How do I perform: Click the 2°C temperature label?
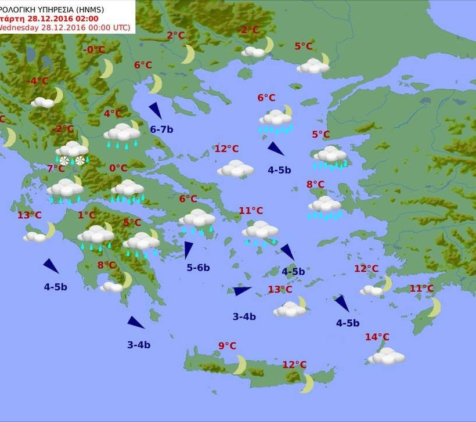(175, 36)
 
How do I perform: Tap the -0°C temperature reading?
(94, 50)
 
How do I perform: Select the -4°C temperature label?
(39, 81)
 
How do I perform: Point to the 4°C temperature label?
(113, 114)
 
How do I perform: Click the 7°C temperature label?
(56, 168)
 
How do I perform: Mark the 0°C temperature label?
(118, 168)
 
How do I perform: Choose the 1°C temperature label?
(86, 215)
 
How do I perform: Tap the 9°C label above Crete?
(227, 347)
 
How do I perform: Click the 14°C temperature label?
(377, 337)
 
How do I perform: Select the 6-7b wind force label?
(161, 129)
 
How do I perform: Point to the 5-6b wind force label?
(198, 268)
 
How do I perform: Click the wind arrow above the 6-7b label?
(155, 110)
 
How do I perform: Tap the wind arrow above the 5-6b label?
(187, 250)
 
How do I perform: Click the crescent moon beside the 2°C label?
(188, 54)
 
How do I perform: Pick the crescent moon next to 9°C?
(240, 365)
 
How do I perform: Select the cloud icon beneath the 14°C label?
(386, 356)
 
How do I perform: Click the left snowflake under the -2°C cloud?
(64, 160)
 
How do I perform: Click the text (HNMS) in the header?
(116, 8)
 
